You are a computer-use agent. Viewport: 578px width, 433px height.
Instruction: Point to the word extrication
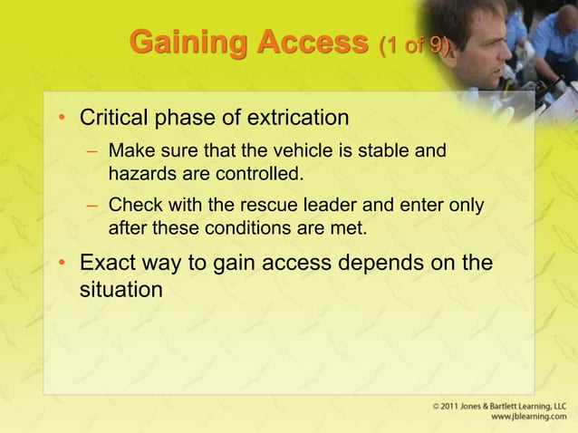300,119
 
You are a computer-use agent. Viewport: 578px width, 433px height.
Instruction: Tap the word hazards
139,171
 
